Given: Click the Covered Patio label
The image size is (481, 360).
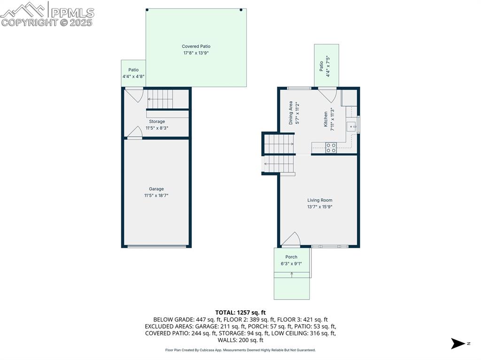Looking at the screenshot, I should pos(196,46).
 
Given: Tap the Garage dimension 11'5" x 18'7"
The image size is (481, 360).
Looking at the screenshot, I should pos(156,195).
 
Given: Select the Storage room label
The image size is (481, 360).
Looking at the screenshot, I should pos(157,122).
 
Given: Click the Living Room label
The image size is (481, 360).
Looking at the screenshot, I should pos(320,200).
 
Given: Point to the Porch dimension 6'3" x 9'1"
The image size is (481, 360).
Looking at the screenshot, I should pos(291,263).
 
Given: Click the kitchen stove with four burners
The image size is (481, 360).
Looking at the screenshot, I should pos(331,148).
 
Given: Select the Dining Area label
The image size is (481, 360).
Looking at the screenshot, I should pos(291,112).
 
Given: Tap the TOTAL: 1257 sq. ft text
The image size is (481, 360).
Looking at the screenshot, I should pos(240,312).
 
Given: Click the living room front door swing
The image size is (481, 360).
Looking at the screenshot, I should pos(291,239).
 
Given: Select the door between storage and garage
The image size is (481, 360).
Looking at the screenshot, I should pos(135,133).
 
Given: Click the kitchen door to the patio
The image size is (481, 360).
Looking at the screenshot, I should pos(327,95).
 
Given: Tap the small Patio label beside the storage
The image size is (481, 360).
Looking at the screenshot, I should pos(133,70).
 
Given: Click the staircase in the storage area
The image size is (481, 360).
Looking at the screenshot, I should pos(161,99).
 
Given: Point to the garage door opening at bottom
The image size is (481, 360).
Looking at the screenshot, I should pos(156,246).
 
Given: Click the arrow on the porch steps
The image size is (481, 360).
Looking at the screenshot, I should pos(292,275).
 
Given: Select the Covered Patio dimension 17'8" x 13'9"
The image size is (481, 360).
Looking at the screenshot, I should pos(196,53).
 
